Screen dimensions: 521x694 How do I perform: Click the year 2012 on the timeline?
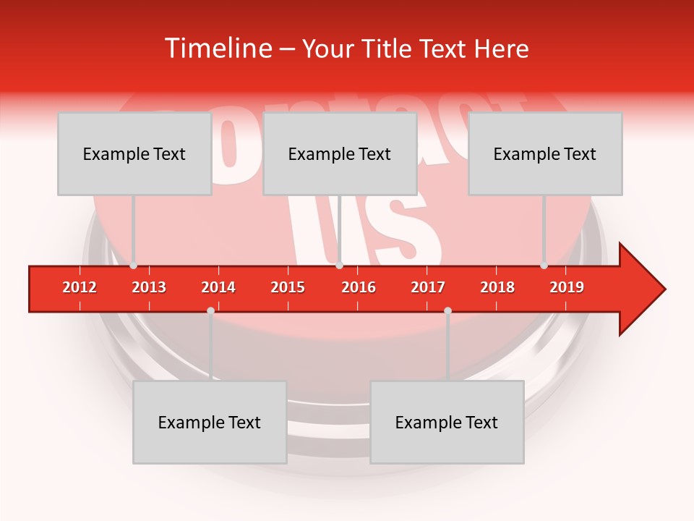(80, 288)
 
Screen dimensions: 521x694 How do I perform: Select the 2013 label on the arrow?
(149, 288)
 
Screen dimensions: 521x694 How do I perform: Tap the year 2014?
(218, 288)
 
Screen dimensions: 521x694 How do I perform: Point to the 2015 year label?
(288, 288)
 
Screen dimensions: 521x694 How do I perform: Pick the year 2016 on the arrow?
(359, 288)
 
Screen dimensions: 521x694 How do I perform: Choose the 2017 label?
(428, 288)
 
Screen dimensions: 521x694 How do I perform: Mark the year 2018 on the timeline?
(497, 288)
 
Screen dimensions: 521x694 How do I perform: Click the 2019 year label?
(567, 288)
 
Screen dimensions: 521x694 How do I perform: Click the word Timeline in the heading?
(216, 48)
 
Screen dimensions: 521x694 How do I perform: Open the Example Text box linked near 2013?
(134, 153)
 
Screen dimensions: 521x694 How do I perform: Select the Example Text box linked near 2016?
(340, 153)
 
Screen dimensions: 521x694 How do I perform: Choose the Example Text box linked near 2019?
(545, 153)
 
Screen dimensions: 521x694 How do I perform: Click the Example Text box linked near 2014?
(210, 422)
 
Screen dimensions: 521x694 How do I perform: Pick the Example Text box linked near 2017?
(447, 422)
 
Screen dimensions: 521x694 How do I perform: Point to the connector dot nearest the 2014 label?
(210, 310)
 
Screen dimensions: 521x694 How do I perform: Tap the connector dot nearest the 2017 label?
(447, 310)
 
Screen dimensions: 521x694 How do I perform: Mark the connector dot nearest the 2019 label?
(544, 266)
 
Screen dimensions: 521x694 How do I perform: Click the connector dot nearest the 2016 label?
(339, 266)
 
